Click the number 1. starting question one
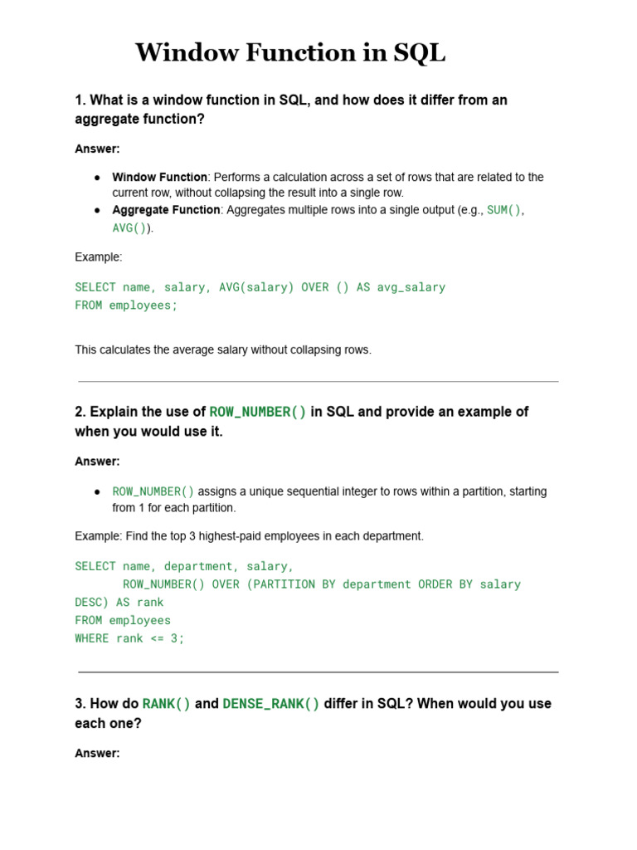coord(80,100)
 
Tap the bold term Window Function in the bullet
coord(159,177)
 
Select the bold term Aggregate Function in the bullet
coord(166,210)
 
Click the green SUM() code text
coord(503,210)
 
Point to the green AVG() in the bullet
coord(129,228)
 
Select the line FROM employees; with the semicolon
coord(126,305)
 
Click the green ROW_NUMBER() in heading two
coord(257,412)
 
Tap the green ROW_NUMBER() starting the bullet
coord(153,491)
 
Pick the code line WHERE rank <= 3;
coord(129,638)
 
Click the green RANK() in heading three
coord(167,704)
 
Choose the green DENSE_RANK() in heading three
coord(270,704)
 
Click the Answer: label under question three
coord(97,754)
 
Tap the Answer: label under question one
coord(97,149)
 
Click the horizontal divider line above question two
coord(318,382)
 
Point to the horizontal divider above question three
coord(318,672)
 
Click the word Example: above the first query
coord(98,257)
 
